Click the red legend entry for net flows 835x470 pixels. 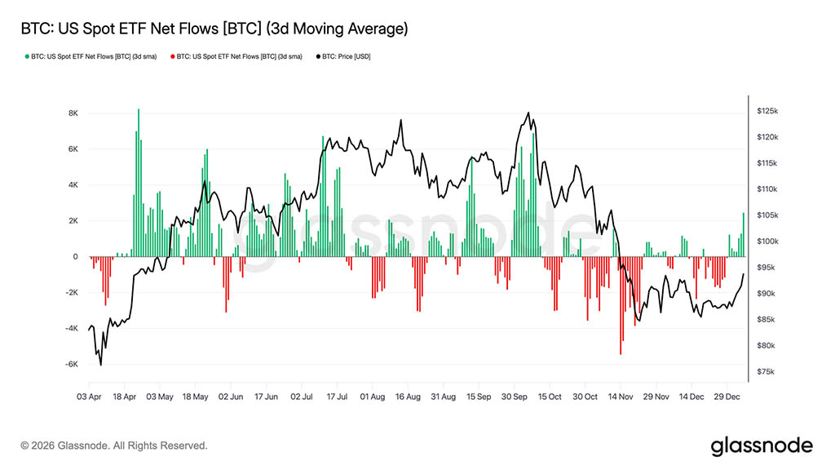236,57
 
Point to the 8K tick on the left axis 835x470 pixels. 73,113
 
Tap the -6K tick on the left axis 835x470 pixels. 71,365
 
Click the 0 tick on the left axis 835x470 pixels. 75,257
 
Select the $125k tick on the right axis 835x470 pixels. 768,110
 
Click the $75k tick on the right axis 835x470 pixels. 767,372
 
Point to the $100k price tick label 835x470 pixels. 768,242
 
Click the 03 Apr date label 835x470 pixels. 90,397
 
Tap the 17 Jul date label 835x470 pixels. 338,397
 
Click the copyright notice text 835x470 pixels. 114,446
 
